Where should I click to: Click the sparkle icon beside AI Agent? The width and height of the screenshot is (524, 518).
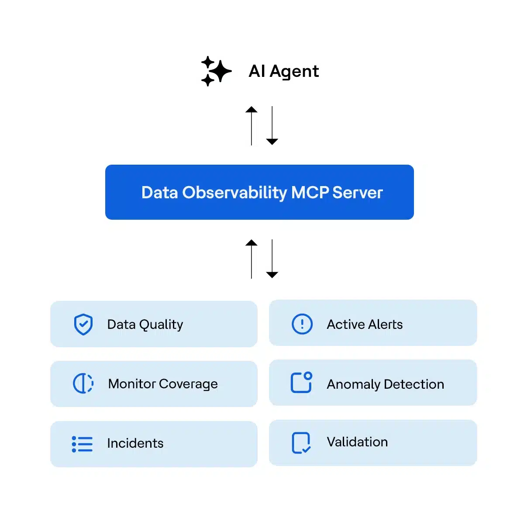[216, 71]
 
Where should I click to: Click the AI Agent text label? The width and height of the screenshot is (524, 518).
[283, 71]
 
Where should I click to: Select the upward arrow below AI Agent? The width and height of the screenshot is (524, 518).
[252, 125]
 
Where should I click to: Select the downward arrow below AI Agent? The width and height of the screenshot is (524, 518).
[272, 125]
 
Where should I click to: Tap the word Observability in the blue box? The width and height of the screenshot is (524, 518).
[234, 193]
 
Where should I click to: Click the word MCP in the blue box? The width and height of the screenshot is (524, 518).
[310, 193]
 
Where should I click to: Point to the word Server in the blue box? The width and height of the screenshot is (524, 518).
[358, 193]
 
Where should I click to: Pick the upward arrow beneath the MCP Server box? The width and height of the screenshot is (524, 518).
[252, 259]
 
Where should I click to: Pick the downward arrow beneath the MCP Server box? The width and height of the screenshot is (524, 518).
[272, 259]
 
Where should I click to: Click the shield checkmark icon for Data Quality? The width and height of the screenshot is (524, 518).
[83, 325]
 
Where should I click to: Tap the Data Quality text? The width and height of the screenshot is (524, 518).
[145, 325]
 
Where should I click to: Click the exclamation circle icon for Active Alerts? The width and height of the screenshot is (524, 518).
[302, 324]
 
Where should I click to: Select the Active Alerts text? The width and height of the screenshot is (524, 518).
[365, 324]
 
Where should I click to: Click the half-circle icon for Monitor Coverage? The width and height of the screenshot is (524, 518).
[83, 383]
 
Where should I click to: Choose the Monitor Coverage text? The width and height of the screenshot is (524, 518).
[163, 384]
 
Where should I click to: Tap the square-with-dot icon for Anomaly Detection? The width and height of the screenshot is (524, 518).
[301, 383]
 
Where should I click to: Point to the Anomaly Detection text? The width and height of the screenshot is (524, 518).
[385, 384]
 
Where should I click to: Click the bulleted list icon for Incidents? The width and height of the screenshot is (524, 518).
[82, 444]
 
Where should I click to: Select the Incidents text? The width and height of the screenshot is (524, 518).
[135, 443]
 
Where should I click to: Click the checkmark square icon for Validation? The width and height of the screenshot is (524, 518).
[301, 443]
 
